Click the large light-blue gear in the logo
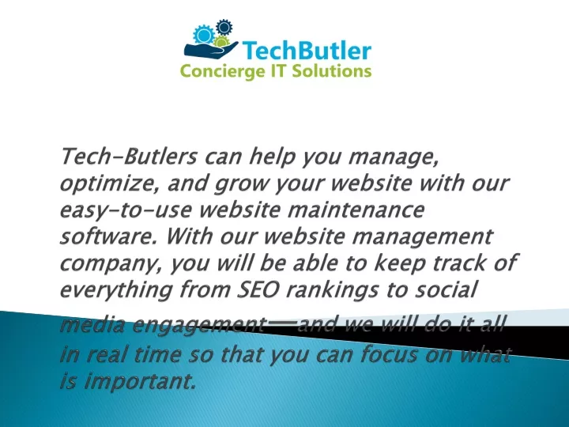coord(204,35)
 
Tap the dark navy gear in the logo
coord(224,27)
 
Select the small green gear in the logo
coord(221,42)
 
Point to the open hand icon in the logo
coord(210,49)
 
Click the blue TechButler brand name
coord(307,51)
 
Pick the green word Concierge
coord(223,71)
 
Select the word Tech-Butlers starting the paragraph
coord(129,156)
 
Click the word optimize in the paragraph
coord(109,183)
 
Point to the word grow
coord(240,184)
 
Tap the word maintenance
coord(356,210)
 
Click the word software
coord(108,236)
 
